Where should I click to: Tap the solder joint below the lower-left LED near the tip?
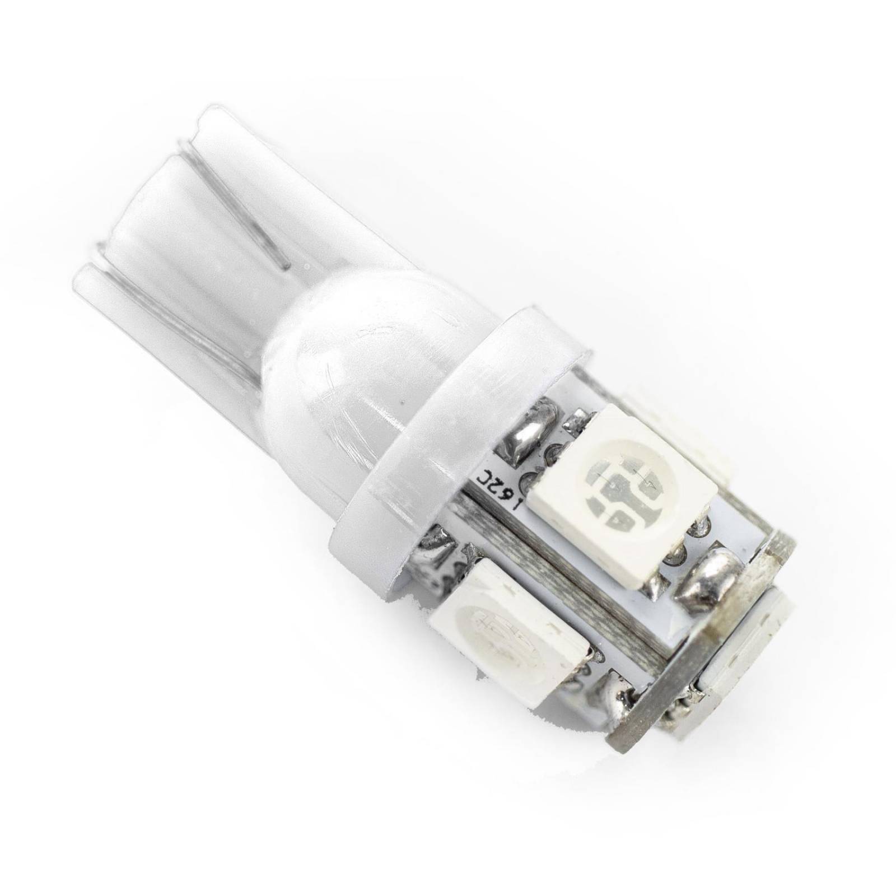[x=619, y=692]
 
